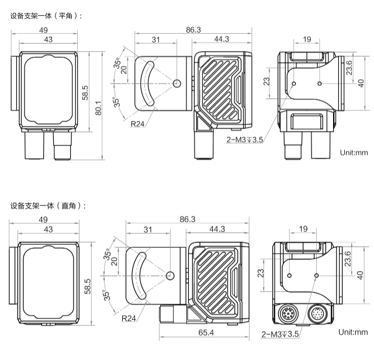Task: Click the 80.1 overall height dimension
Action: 99,108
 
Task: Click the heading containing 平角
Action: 46,16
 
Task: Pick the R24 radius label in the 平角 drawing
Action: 138,124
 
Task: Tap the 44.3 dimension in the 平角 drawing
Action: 221,39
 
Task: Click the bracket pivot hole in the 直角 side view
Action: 171,275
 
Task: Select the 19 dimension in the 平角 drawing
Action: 306,39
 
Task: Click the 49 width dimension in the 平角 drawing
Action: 43,30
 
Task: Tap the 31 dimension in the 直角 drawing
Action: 147,229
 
